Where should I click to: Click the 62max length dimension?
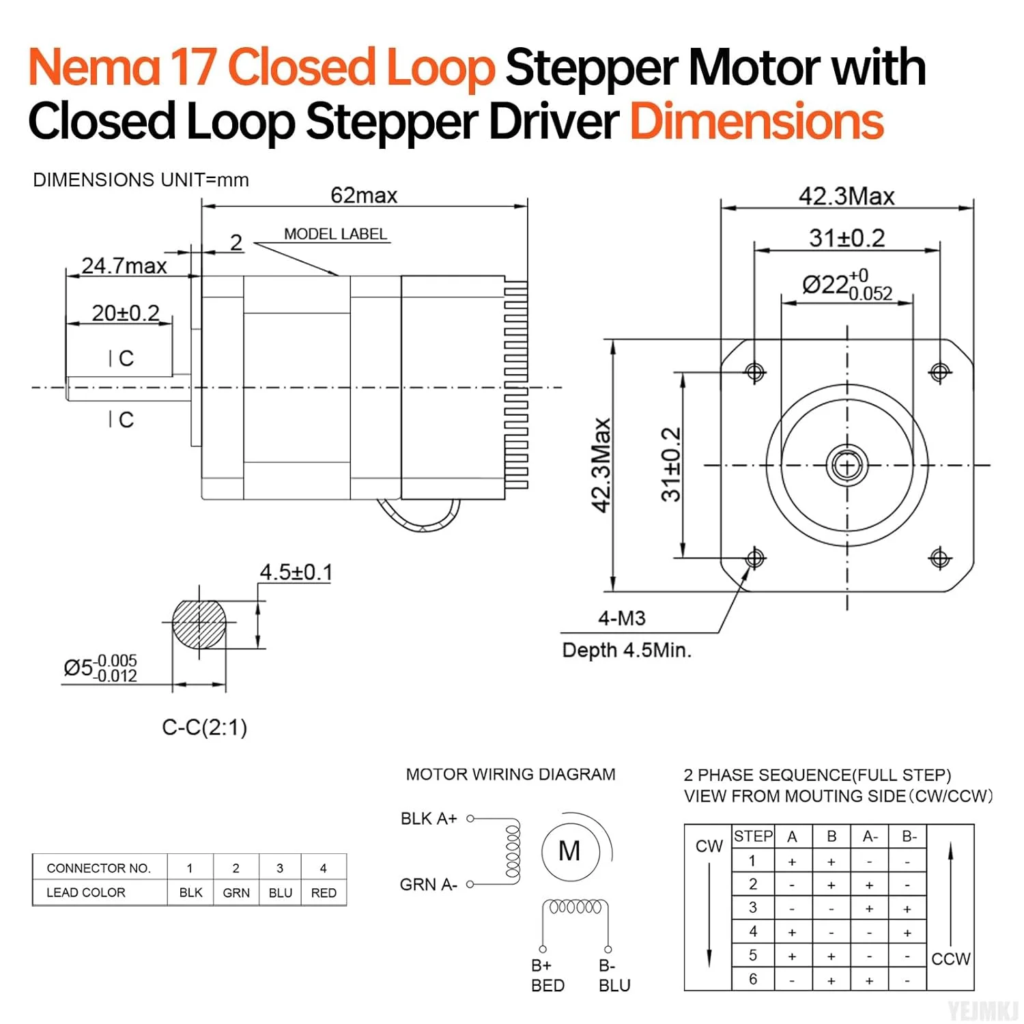[x=364, y=196]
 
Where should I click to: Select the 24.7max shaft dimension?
[x=124, y=266]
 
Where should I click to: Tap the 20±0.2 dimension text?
[x=126, y=313]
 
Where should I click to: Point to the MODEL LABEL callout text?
[x=335, y=234]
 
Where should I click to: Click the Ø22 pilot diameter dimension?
[x=847, y=285]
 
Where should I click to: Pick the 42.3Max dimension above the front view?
[x=847, y=197]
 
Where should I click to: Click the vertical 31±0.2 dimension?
[x=671, y=464]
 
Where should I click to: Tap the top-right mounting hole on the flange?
[x=939, y=372]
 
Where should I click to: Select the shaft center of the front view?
[x=847, y=466]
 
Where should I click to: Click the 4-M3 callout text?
[x=621, y=618]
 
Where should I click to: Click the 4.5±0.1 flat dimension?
[x=296, y=572]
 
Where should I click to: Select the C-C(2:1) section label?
[x=204, y=728]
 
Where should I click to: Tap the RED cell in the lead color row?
[x=324, y=893]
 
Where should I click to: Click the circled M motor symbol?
[x=569, y=851]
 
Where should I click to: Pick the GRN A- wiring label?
[x=428, y=885]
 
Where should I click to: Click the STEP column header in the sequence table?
[x=753, y=836]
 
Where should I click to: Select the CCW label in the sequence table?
[x=950, y=959]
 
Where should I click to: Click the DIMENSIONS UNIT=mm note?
[x=141, y=180]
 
